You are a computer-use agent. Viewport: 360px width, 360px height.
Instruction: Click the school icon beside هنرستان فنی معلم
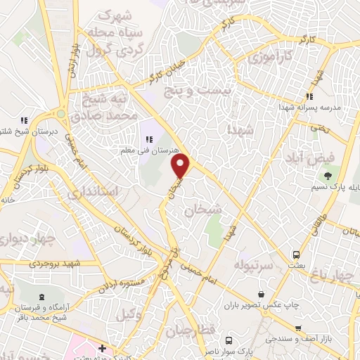[x=149, y=139]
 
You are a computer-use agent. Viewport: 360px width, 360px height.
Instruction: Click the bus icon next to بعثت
[x=297, y=255]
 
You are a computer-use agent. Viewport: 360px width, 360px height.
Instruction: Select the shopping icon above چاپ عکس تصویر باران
[x=262, y=293]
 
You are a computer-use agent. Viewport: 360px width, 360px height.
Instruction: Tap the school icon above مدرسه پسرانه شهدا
[x=307, y=97]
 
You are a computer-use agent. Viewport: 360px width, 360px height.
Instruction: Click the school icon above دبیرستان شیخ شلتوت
[x=25, y=119]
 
